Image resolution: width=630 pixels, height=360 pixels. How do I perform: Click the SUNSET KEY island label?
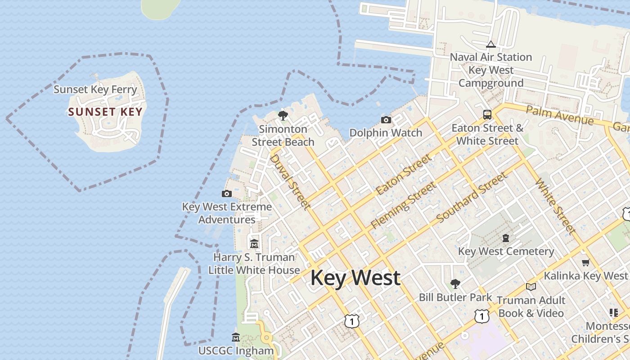(105, 112)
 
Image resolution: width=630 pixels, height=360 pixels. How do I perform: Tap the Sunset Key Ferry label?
(95, 89)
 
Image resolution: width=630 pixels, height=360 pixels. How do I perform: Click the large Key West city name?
(355, 278)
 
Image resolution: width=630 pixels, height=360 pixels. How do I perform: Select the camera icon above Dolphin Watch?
(386, 120)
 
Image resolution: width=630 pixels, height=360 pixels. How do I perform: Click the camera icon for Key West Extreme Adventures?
(227, 194)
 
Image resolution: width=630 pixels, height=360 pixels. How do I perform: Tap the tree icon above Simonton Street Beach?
(283, 116)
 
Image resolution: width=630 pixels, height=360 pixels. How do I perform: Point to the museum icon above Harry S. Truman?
(254, 244)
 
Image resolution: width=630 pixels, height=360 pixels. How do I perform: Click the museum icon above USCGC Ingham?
(236, 337)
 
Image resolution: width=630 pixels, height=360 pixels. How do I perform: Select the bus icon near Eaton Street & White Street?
(487, 115)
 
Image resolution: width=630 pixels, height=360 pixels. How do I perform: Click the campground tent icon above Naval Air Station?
(490, 44)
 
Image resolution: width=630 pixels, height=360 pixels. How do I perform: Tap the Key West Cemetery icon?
(506, 238)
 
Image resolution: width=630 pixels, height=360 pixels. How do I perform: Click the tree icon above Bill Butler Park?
(455, 283)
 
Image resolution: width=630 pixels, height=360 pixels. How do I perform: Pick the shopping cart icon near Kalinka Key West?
(585, 262)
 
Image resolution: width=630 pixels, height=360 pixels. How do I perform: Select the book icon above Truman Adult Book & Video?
(531, 287)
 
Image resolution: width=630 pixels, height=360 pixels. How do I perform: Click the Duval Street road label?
(290, 181)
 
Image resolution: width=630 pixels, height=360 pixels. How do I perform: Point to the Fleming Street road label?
(403, 205)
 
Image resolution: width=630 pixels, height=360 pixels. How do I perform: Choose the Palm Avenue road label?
(559, 116)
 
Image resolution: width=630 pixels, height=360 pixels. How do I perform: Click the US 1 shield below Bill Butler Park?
(481, 316)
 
